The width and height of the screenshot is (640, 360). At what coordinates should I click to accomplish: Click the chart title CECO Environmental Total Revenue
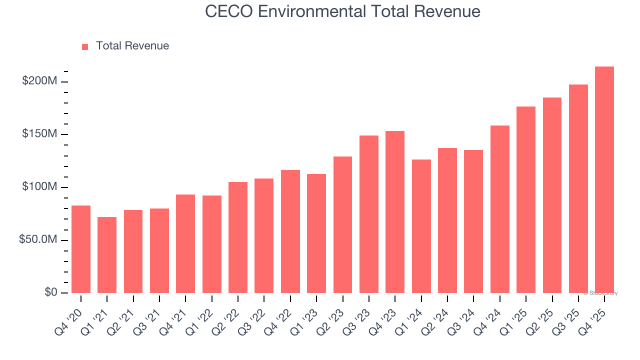pyautogui.click(x=342, y=11)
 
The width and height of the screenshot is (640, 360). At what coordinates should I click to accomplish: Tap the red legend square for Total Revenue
pyautogui.click(x=85, y=46)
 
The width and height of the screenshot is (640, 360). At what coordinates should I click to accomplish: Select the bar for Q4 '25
pyautogui.click(x=604, y=180)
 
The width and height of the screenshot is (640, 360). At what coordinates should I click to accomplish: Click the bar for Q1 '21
pyautogui.click(x=107, y=255)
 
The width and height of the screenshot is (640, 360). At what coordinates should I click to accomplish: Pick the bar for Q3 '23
pyautogui.click(x=369, y=214)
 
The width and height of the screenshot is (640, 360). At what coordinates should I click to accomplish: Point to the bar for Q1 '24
pyautogui.click(x=421, y=226)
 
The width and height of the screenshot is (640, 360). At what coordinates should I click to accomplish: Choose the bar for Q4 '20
pyautogui.click(x=81, y=249)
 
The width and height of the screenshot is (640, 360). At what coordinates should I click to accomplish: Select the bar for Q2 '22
pyautogui.click(x=238, y=237)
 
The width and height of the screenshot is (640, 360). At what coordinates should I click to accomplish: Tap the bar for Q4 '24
pyautogui.click(x=499, y=209)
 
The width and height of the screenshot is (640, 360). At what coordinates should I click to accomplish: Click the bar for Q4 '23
pyautogui.click(x=395, y=212)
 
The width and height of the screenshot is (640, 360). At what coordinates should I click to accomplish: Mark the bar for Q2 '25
pyautogui.click(x=552, y=195)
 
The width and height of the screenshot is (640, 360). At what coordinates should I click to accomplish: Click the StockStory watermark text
pyautogui.click(x=600, y=293)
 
